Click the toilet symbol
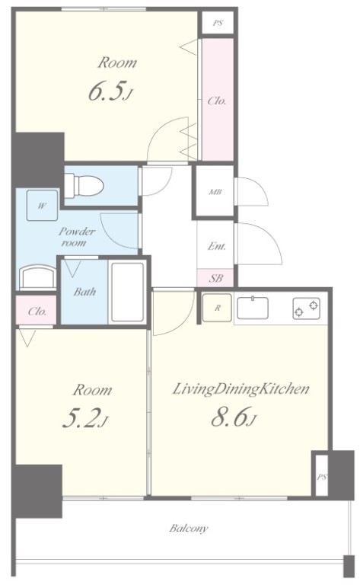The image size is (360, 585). pos(84,185)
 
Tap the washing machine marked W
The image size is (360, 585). pos(42,205)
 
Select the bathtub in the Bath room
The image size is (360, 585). pos(127,292)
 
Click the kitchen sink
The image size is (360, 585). pos(252,308)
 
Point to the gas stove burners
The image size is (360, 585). pos(306,308)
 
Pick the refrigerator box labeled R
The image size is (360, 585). pos(217,308)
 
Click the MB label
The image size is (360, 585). pos(215,192)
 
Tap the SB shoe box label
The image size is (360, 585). pos(216,278)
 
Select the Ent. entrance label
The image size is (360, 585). pos(216,246)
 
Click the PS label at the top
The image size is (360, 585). pos(218,23)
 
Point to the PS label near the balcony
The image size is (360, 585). pos(322,477)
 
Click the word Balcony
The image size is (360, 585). pos(189,529)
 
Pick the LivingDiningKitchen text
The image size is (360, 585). pos(241,389)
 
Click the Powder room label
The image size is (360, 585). pos(76,237)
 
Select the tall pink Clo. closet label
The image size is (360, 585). pos(217,101)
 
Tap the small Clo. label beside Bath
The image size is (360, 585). pos(37,311)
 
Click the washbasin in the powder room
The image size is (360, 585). pos(37,277)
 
